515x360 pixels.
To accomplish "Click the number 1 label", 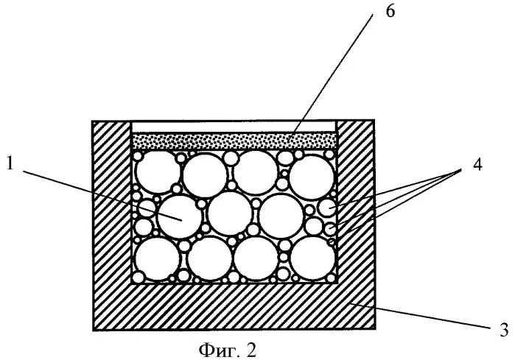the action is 11,164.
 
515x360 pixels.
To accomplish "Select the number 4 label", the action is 477,167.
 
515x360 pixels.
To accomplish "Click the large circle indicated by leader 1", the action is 178,214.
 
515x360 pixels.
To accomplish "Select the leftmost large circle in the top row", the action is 157,175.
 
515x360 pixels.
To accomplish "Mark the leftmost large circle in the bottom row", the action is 158,259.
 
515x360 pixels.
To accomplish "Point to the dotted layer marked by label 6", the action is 234,141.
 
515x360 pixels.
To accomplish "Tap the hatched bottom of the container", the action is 234,308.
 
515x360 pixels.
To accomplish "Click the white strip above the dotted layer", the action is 234,127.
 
